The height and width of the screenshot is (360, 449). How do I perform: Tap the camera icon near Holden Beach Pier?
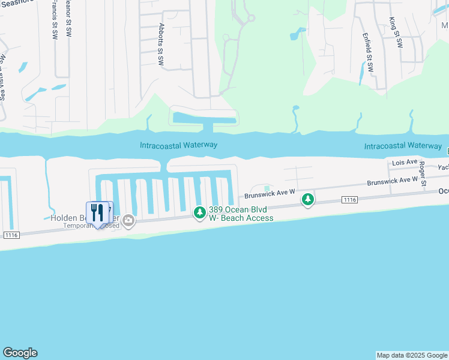tap(128, 221)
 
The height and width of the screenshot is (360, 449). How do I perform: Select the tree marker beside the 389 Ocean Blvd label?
tap(199, 212)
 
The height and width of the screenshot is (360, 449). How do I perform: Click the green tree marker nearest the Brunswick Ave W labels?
tap(308, 199)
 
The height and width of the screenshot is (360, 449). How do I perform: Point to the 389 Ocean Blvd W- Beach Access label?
tap(241, 214)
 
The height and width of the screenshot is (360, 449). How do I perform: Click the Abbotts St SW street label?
tap(161, 47)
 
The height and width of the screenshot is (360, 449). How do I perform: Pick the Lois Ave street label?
tap(404, 162)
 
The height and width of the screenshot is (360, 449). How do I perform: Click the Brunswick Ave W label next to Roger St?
tap(392, 180)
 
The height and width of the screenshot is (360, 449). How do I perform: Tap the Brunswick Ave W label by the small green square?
tap(268, 193)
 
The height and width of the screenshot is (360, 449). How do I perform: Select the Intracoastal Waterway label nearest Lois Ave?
tap(403, 146)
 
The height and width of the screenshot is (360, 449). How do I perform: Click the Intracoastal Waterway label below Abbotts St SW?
tap(178, 145)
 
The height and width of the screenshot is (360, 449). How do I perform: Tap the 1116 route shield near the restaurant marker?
tap(11, 235)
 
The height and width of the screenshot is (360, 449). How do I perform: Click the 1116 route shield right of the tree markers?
tap(350, 199)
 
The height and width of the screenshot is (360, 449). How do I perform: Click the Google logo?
tap(20, 353)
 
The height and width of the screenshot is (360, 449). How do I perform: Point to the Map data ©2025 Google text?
tap(412, 355)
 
